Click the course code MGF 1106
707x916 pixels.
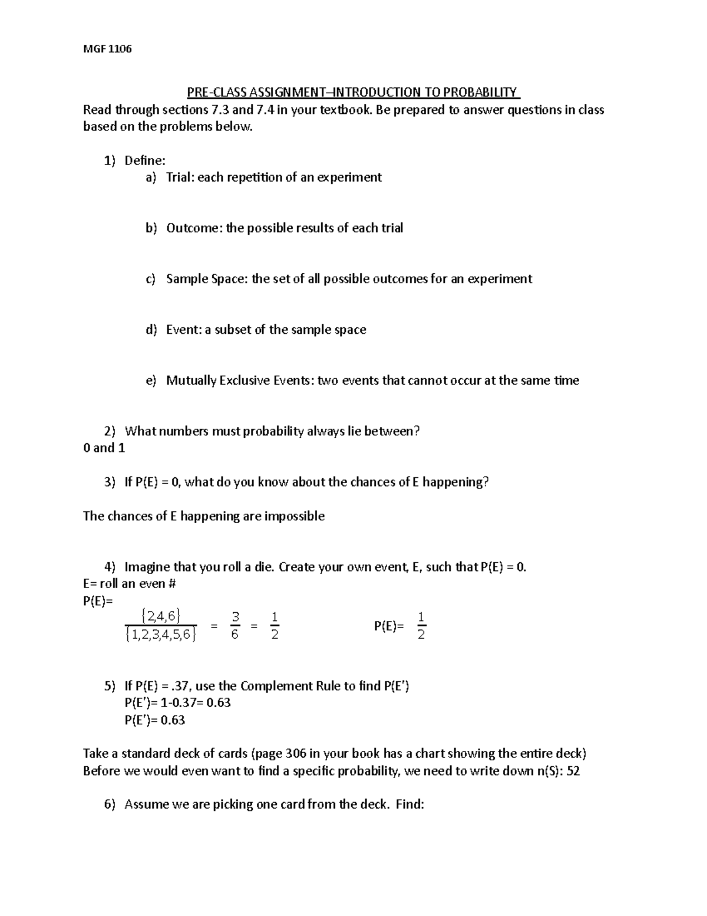[x=107, y=48]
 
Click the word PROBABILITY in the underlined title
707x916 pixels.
[x=480, y=93]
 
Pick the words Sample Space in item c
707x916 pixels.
[x=204, y=279]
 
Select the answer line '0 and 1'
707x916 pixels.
[x=104, y=448]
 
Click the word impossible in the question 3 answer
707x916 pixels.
[x=294, y=516]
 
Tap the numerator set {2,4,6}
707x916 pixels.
[x=160, y=616]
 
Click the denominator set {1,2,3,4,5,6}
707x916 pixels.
[x=160, y=635]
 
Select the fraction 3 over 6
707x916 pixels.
[x=234, y=626]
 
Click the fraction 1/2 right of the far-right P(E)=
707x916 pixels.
[x=421, y=626]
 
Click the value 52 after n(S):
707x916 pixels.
[x=572, y=771]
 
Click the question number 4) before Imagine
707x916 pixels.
[x=110, y=567]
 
